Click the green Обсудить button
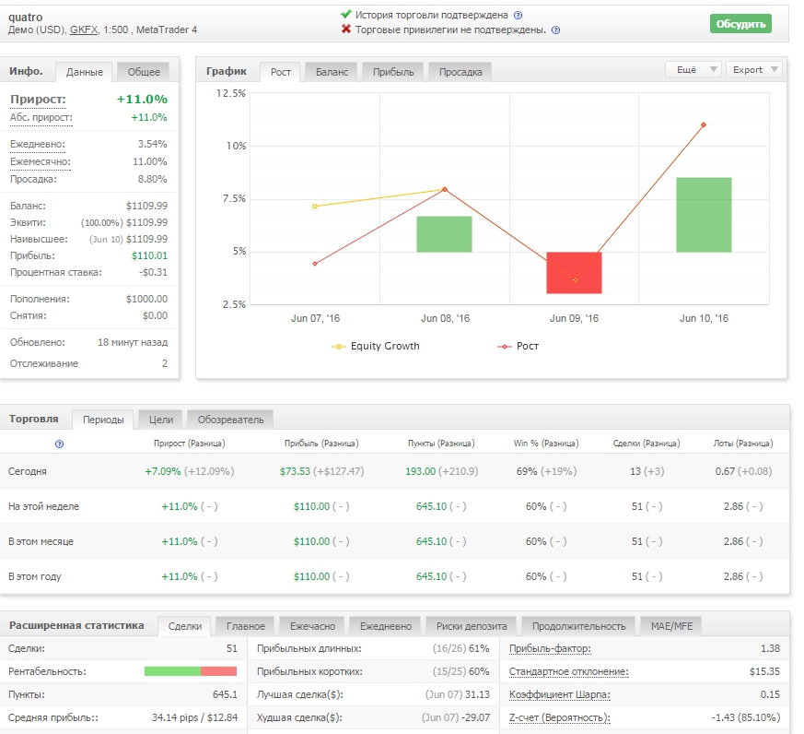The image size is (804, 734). click(x=740, y=24)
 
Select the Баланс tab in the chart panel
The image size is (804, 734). click(x=332, y=72)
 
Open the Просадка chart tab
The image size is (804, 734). click(x=460, y=72)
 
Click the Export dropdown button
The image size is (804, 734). click(x=753, y=69)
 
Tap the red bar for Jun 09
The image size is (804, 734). click(x=574, y=273)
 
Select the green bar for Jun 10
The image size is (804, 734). click(x=704, y=215)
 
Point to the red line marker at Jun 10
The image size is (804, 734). click(x=704, y=124)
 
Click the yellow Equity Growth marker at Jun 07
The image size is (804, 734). click(x=315, y=207)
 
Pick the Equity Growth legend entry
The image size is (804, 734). click(x=376, y=347)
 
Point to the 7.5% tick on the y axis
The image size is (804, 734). click(x=234, y=198)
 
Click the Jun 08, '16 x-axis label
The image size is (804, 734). click(x=445, y=318)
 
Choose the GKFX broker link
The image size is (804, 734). click(x=84, y=30)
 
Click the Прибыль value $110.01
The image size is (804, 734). click(x=149, y=255)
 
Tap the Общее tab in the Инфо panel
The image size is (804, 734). click(x=144, y=72)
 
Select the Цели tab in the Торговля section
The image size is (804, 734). click(x=161, y=420)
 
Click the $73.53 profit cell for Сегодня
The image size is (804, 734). click(x=295, y=471)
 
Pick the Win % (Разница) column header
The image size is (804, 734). click(x=546, y=443)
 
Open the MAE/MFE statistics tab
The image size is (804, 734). click(x=671, y=626)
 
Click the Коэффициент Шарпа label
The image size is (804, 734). click(x=559, y=695)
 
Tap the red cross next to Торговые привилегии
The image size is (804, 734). click(x=346, y=30)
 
